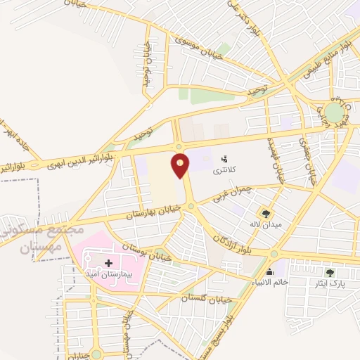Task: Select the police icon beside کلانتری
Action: tap(224, 158)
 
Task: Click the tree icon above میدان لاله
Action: tap(266, 212)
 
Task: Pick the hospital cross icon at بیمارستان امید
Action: tap(108, 263)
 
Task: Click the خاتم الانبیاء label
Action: tap(269, 282)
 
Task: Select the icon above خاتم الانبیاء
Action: tap(269, 271)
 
